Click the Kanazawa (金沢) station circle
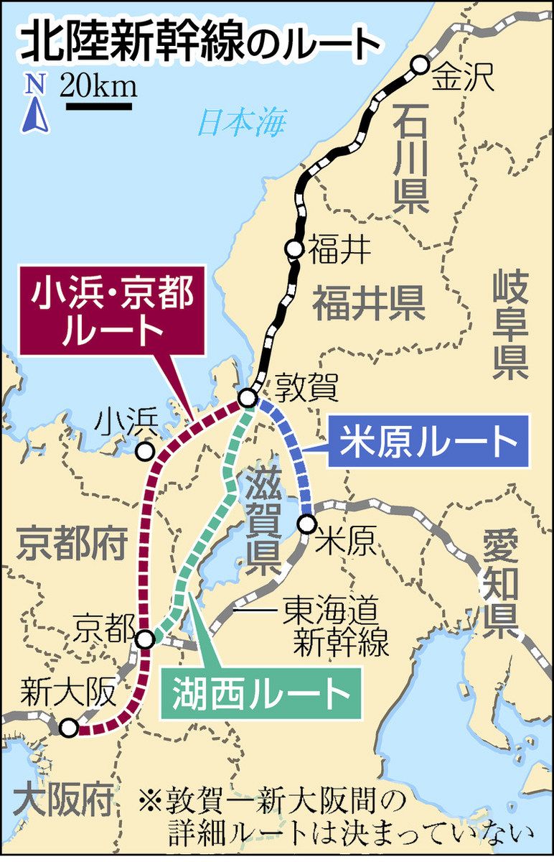[x=419, y=66]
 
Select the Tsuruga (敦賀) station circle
[x=248, y=397]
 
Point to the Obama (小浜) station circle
[x=145, y=452]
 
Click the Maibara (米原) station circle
[x=307, y=523]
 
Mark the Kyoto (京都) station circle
[x=145, y=639]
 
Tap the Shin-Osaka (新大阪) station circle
[x=69, y=728]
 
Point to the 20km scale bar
[x=99, y=106]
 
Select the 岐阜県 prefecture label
[x=510, y=325]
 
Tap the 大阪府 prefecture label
[x=64, y=797]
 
